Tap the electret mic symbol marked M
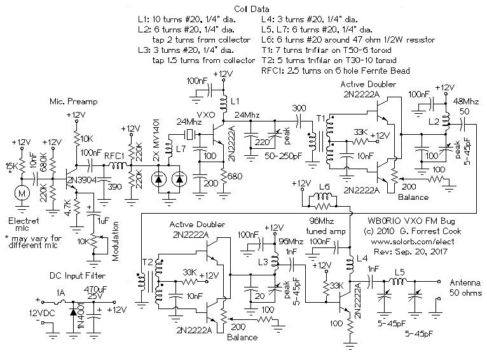point(22,191)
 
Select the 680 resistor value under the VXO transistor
point(234,176)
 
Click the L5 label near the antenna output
point(398,273)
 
